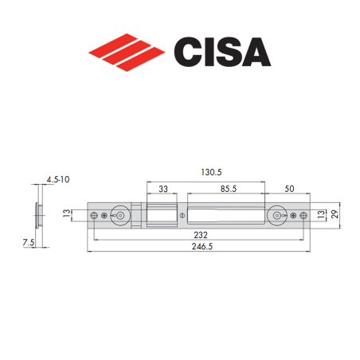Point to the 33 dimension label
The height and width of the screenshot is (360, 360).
click(x=162, y=189)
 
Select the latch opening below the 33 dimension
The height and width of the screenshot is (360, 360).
click(x=162, y=214)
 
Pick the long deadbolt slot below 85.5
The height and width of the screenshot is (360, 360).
click(x=226, y=215)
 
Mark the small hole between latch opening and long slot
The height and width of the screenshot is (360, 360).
click(x=182, y=215)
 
